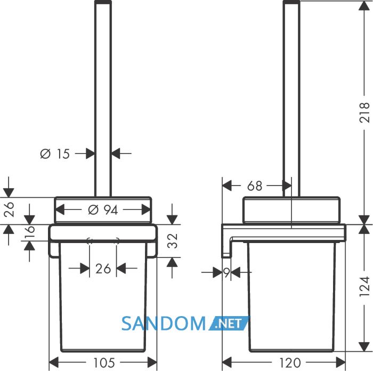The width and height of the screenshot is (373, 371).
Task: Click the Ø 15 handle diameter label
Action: click(55, 154)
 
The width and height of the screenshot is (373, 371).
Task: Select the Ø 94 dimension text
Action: click(103, 210)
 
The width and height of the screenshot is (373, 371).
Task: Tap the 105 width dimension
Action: click(104, 362)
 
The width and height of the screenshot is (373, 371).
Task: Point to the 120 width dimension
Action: click(290, 363)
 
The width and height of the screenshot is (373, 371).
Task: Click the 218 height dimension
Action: click(364, 112)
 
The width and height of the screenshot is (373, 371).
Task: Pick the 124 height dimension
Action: click(364, 286)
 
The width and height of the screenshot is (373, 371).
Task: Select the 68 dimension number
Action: click(255, 186)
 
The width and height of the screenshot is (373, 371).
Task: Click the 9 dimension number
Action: click(226, 272)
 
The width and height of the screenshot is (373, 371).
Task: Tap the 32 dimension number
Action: click(173, 241)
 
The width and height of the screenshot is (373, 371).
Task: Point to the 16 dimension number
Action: click(30, 232)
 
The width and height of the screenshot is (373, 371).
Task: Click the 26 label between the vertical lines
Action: click(103, 269)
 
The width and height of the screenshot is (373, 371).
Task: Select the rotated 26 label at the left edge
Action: click(9, 209)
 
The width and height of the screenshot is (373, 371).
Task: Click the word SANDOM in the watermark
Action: click(164, 324)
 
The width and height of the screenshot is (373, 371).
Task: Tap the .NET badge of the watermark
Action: click(229, 324)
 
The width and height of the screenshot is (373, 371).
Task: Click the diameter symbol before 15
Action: click(45, 154)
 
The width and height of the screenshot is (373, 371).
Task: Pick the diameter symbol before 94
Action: click(93, 210)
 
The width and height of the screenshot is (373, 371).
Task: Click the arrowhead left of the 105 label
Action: click(53, 362)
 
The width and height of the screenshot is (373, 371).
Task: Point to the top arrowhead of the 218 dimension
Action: click(364, 6)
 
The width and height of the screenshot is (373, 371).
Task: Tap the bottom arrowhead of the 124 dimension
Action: click(364, 346)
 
